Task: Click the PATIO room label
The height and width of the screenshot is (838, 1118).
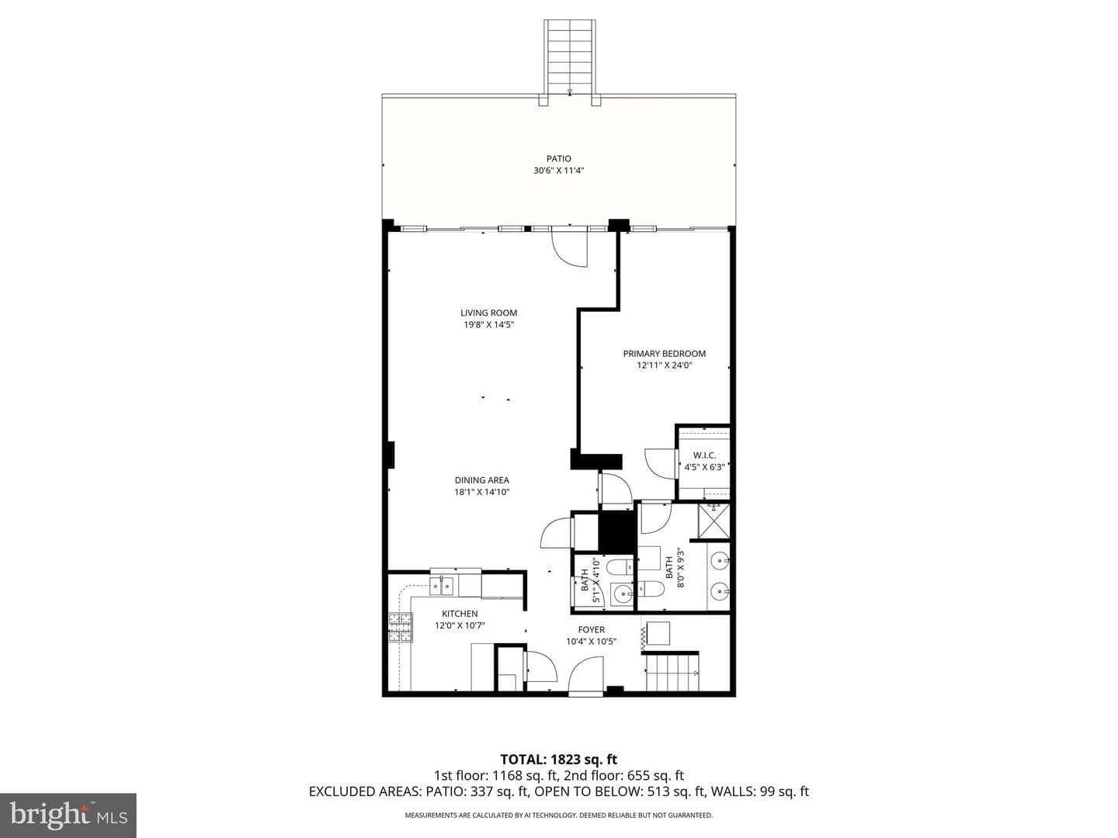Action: point(559,159)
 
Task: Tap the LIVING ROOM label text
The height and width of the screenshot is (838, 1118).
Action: point(488,313)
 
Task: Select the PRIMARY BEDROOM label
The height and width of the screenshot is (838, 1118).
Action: point(664,354)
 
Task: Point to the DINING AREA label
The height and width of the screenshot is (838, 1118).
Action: point(482,480)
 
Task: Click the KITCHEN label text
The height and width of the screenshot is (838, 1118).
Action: point(460,614)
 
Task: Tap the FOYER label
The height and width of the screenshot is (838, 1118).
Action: point(591,629)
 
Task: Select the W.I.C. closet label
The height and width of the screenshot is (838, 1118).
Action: point(704,455)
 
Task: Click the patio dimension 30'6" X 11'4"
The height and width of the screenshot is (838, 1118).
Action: point(558,171)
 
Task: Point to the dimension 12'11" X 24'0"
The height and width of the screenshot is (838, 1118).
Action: point(664,365)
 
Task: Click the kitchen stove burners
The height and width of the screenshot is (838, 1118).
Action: point(401,628)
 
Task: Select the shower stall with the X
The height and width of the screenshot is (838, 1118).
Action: point(714,521)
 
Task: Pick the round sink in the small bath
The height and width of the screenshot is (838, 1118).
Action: point(621,593)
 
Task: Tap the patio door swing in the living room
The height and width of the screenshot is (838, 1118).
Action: point(569,249)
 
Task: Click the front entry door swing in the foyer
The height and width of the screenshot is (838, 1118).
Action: point(585,675)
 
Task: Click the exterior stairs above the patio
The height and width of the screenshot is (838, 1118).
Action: point(569,57)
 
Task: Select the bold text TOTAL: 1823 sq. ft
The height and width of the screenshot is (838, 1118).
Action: point(559,759)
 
